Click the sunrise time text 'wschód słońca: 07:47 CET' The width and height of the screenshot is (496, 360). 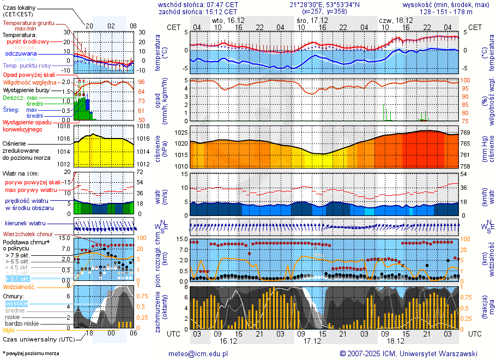click(198, 4)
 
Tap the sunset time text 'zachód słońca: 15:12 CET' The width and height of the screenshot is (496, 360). click(198, 11)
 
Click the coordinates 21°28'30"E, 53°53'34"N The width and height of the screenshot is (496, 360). click(324, 4)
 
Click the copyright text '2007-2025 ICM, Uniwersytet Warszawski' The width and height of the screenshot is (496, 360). click(412, 353)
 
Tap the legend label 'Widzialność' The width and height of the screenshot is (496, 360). click(19, 286)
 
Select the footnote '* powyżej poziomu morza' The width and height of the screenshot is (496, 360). click(31, 353)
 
